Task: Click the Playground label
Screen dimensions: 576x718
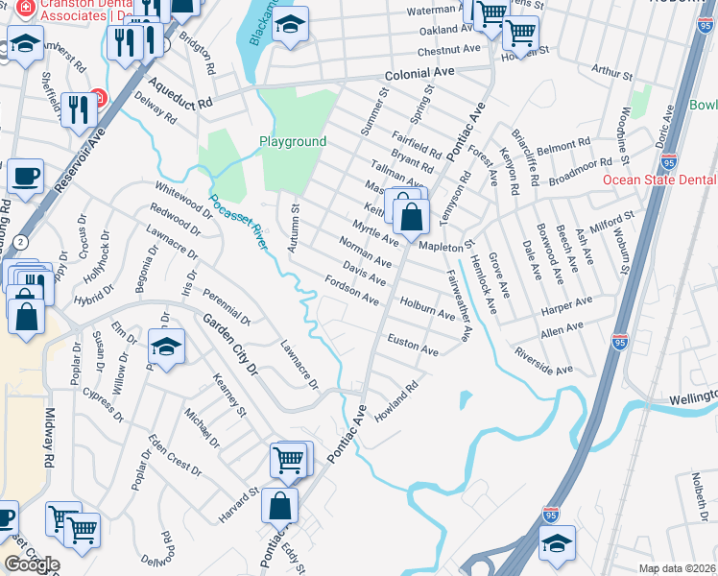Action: coord(293,142)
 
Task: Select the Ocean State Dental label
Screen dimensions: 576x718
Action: coord(659,180)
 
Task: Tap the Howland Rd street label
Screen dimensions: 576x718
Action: coord(396,403)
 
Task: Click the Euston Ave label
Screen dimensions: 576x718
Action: coord(413,345)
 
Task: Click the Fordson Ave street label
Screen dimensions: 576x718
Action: coord(352,291)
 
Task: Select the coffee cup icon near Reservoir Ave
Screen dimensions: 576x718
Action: coord(25,177)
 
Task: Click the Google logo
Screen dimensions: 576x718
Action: coord(32,564)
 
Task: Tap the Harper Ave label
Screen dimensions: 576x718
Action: coord(567,306)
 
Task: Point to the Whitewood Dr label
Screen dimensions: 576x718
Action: coord(176,197)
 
